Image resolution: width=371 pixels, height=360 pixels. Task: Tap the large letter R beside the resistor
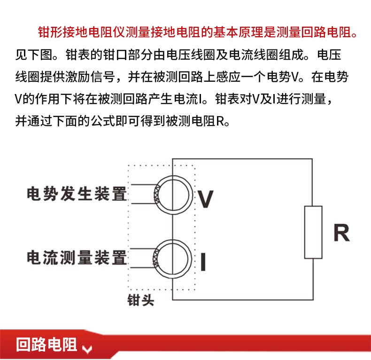pos(341,233)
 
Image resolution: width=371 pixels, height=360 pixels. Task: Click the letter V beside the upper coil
pos(206,199)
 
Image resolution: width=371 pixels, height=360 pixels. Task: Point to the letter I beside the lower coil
pos(203,261)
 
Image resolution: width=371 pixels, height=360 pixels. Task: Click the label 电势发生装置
pos(77,194)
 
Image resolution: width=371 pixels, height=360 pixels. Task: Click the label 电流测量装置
pos(77,258)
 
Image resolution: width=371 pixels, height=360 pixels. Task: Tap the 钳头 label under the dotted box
pos(140,300)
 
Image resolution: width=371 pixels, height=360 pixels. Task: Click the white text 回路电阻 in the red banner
pos(46,344)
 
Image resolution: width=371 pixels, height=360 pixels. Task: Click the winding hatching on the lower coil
pos(156,258)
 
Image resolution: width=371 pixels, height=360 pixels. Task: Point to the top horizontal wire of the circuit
pos(242,159)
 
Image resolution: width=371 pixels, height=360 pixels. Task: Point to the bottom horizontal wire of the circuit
pos(243,300)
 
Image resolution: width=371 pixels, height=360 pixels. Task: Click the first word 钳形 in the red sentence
pos(50,32)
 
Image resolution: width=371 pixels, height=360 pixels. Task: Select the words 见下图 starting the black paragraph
pos(34,55)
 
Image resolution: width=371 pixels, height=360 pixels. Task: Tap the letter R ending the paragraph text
pos(220,121)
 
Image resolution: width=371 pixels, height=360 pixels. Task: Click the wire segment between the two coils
pos(172,227)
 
